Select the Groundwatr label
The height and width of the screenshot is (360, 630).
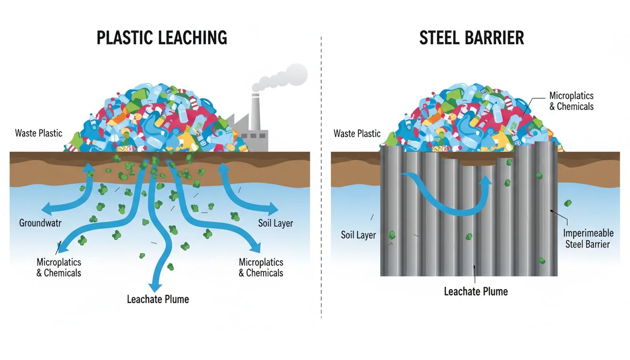[x=40, y=223]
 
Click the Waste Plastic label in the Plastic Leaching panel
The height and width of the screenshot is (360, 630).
[x=38, y=133]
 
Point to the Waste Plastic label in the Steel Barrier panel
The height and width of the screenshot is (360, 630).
[x=357, y=134]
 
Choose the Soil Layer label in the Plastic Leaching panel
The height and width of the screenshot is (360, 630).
[x=276, y=223]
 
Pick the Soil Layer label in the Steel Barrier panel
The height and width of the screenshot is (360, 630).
[x=358, y=235]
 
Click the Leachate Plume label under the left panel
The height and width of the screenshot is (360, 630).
[x=158, y=299]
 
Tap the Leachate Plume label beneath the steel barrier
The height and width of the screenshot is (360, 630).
[x=476, y=291]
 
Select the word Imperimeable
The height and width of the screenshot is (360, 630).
[x=587, y=233]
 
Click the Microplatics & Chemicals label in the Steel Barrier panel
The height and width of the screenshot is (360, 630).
[x=571, y=101]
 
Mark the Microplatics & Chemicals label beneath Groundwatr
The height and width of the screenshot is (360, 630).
[x=59, y=267]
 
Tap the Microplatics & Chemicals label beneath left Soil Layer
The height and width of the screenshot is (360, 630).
[x=261, y=267]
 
